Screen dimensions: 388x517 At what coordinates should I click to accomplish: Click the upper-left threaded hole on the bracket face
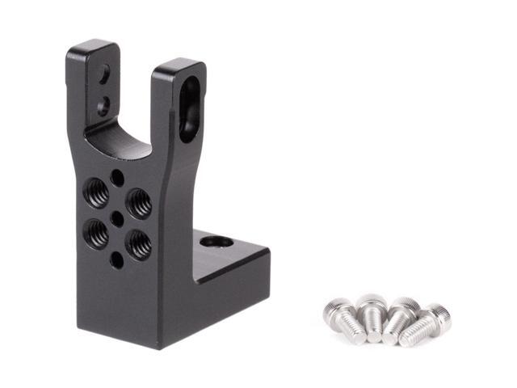point(98,193)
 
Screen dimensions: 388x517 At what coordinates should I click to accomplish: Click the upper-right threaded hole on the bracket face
point(138,203)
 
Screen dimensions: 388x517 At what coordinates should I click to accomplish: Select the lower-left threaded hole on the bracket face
point(97,234)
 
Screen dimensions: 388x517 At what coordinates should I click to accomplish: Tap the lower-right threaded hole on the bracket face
point(138,243)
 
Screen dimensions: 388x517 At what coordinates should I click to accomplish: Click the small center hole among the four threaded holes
point(118,218)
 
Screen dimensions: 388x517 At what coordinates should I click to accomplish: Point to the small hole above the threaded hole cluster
point(118,177)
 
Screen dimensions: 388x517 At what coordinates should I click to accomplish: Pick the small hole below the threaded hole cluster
point(117,259)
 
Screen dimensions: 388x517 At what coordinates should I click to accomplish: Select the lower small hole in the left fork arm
point(103,104)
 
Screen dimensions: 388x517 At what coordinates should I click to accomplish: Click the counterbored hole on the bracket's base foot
point(216,241)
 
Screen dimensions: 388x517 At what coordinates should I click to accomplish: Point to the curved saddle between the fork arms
point(121,139)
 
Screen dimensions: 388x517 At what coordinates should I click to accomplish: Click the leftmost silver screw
point(343,319)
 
